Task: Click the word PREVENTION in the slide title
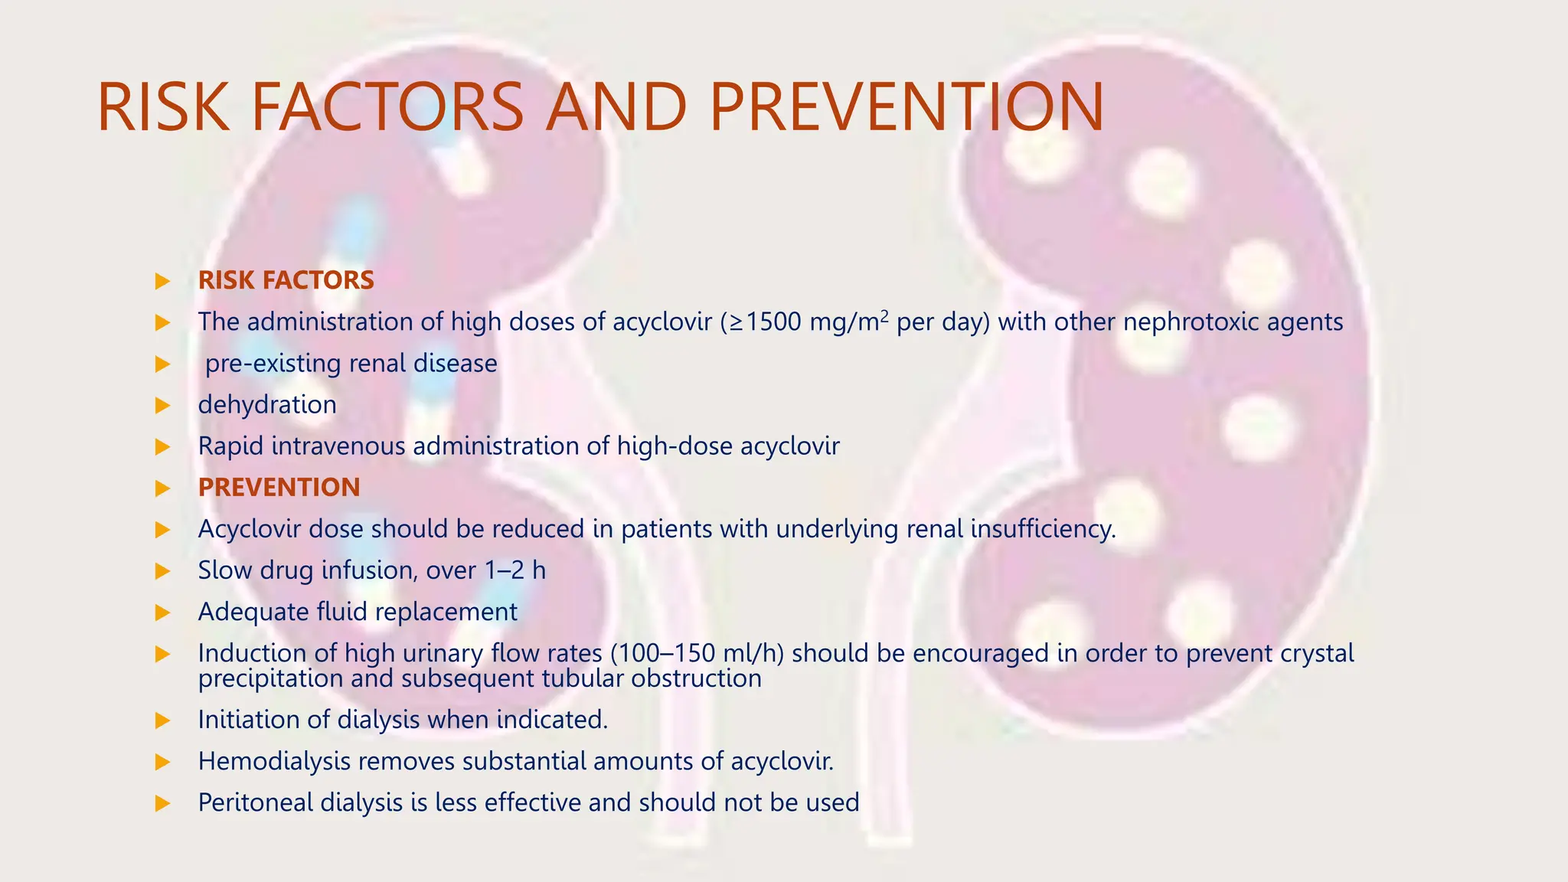906,107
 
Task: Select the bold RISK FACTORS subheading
286,280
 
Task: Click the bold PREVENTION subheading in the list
279,488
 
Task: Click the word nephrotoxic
1191,322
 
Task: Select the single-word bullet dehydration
267,404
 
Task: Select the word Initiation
247,720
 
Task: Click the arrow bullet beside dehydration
162,405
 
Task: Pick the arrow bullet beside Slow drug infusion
162,571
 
